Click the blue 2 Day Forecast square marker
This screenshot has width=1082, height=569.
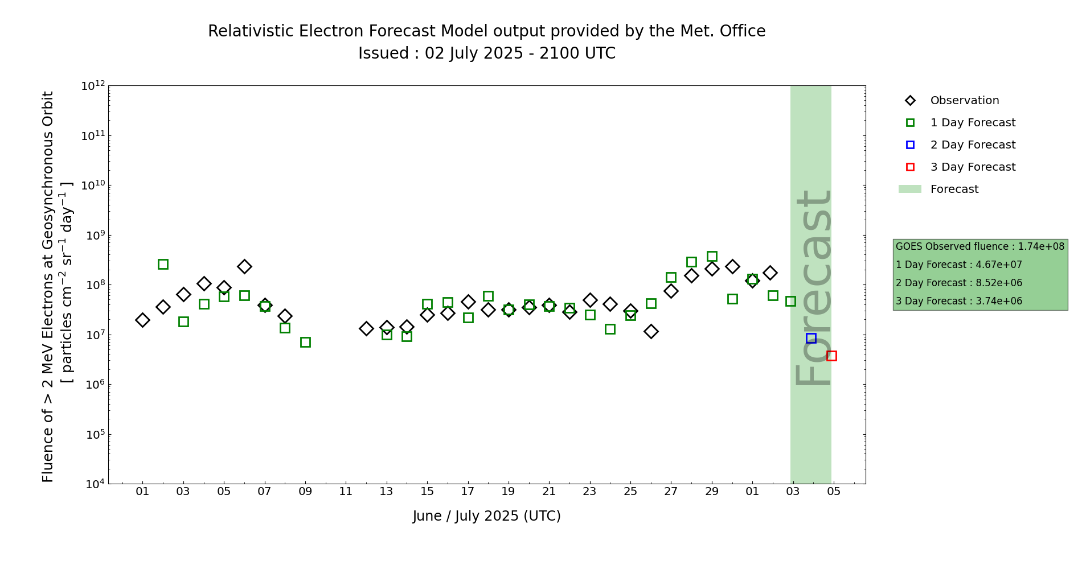pyautogui.click(x=811, y=338)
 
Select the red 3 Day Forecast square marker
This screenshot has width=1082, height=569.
pyautogui.click(x=831, y=356)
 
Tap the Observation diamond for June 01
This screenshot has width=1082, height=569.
pyautogui.click(x=142, y=320)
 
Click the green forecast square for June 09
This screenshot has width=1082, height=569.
pyautogui.click(x=305, y=342)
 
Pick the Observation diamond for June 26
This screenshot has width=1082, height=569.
pyautogui.click(x=651, y=331)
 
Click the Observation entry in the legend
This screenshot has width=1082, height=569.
pyautogui.click(x=964, y=101)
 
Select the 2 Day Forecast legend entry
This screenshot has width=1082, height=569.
pyautogui.click(x=972, y=145)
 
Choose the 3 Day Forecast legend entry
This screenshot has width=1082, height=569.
pyautogui.click(x=972, y=167)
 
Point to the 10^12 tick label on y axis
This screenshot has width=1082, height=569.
pyautogui.click(x=93, y=86)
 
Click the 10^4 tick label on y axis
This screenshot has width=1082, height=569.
pyautogui.click(x=93, y=484)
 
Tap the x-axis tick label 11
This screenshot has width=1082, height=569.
pyautogui.click(x=346, y=492)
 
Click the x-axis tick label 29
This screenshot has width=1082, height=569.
pyautogui.click(x=712, y=492)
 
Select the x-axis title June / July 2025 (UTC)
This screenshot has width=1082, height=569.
pyautogui.click(x=487, y=516)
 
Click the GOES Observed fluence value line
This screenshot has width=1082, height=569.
pyautogui.click(x=979, y=246)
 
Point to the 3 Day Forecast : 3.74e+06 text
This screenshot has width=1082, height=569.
pyautogui.click(x=959, y=301)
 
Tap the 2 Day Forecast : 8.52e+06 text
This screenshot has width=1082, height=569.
pyautogui.click(x=959, y=283)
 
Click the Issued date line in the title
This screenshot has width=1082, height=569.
pyautogui.click(x=487, y=53)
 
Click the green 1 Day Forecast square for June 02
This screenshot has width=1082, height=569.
pyautogui.click(x=163, y=264)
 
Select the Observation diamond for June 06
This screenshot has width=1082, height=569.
pyautogui.click(x=244, y=266)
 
